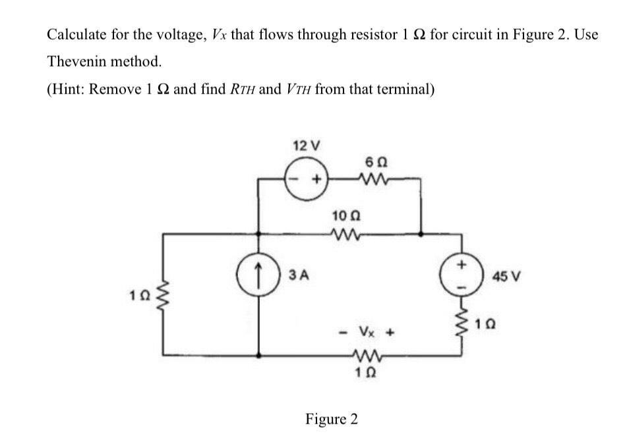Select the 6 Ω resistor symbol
point(370,177)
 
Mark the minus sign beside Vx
point(343,332)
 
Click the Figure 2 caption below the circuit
point(332,420)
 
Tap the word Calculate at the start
point(75,34)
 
